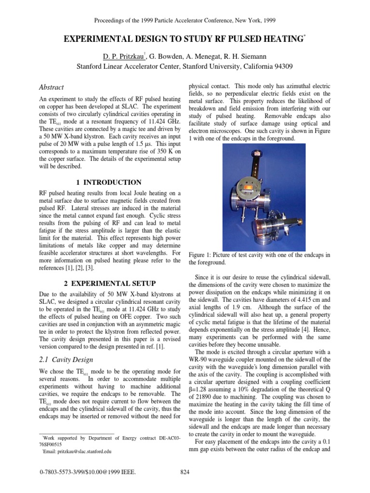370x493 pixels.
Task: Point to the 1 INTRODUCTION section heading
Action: (x=109, y=182)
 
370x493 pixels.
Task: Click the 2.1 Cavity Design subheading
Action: (x=66, y=360)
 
